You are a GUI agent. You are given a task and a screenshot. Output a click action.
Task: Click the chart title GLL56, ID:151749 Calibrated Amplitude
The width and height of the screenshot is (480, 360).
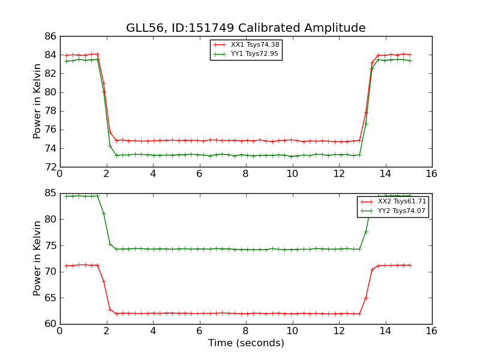click(x=245, y=28)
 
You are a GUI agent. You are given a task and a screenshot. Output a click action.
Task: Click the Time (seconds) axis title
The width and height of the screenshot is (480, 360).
click(x=246, y=343)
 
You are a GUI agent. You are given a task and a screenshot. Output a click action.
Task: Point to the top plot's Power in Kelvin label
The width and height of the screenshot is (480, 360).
click(x=37, y=101)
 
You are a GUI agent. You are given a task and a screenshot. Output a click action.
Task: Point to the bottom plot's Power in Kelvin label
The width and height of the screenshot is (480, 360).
click(x=37, y=258)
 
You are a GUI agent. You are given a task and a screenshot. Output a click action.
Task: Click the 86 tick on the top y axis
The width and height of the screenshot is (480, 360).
click(x=50, y=37)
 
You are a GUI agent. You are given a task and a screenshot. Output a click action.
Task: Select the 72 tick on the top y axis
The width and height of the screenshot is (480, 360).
click(x=50, y=167)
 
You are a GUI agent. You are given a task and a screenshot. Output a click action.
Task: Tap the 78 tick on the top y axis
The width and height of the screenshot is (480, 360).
click(x=50, y=111)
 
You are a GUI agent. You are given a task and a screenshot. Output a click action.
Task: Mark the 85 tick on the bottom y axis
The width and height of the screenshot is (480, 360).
click(x=50, y=193)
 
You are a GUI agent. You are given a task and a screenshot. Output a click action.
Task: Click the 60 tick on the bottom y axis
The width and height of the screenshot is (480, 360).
click(x=50, y=324)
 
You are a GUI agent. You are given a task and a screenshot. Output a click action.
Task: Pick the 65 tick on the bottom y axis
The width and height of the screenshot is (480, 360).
click(x=50, y=298)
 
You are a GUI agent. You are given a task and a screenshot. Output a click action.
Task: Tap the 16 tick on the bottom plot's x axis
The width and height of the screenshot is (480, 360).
click(x=432, y=331)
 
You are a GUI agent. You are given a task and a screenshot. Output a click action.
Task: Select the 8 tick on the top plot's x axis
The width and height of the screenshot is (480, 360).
click(x=245, y=174)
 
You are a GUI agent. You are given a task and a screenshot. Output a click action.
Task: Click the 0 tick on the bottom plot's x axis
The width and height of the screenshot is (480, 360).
click(x=59, y=331)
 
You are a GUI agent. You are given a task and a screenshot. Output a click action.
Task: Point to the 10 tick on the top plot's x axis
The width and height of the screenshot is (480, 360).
click(x=292, y=174)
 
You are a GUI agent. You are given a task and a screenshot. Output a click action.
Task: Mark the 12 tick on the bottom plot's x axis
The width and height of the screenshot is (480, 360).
click(x=338, y=331)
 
